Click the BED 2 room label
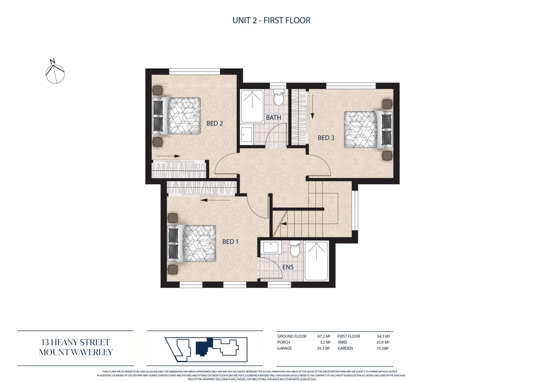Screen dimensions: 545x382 215,124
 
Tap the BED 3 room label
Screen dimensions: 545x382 326,138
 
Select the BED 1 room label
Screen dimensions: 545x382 230,242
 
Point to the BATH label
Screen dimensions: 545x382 273,118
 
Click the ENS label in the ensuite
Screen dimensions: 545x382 288,267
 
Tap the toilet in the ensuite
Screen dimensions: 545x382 295,249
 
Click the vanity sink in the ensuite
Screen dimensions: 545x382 272,247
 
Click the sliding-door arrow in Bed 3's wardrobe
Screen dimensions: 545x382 312,107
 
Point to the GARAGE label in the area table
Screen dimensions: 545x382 284,348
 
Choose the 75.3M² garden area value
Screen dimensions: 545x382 383,348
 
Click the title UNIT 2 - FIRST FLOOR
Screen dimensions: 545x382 271,20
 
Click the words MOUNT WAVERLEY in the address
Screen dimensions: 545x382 76,352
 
